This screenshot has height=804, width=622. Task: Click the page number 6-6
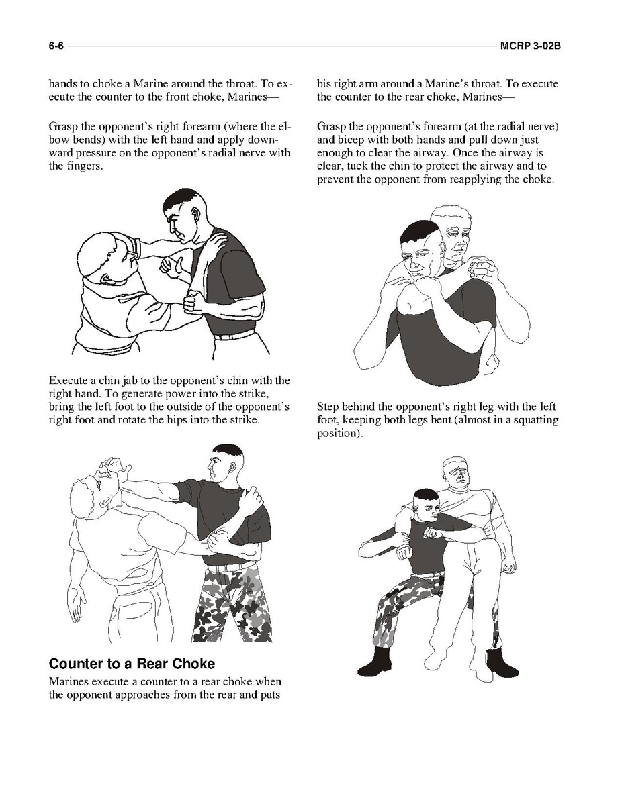coord(56,46)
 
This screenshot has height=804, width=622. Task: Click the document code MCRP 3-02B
coord(530,46)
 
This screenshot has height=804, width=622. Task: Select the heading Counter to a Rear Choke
coord(132,664)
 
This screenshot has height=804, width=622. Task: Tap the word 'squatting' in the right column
coord(535,420)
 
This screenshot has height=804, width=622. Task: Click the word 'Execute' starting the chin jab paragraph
coord(67,381)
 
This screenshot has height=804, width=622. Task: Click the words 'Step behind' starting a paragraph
coord(345,407)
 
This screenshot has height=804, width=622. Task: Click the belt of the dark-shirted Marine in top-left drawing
coord(234,336)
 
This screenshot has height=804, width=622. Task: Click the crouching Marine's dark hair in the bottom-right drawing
coord(426,497)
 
